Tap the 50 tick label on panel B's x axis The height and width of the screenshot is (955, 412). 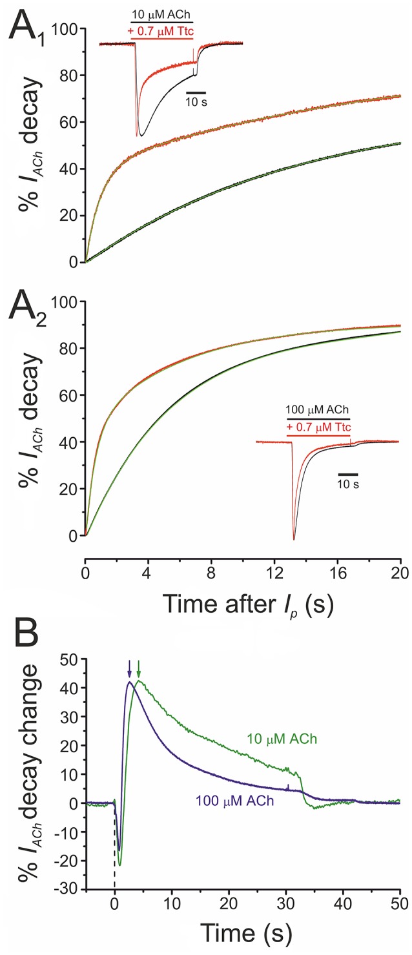tap(400, 905)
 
